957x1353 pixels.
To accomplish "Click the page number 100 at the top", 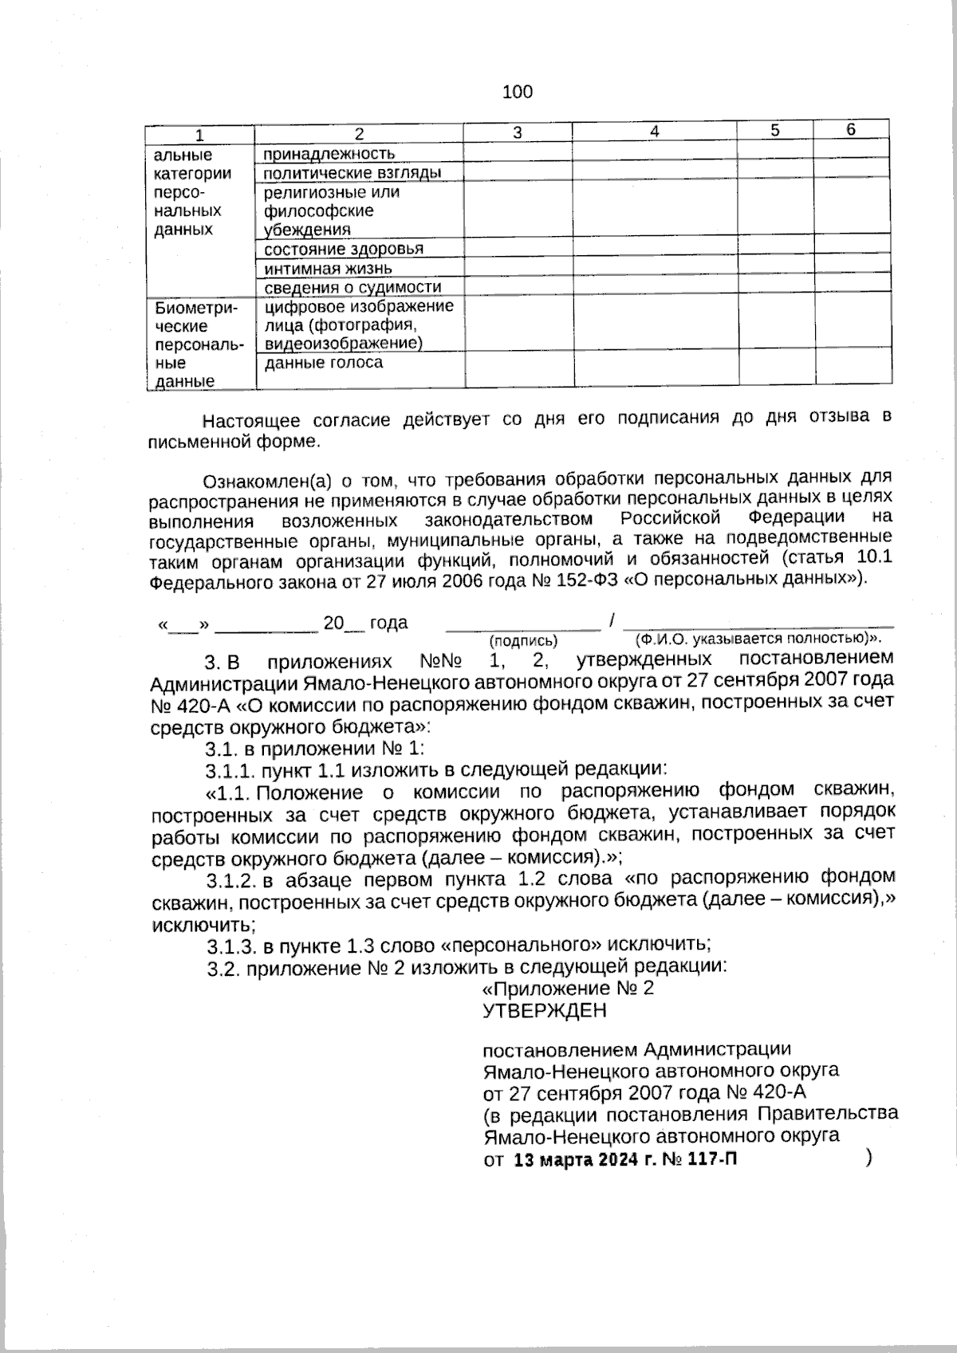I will pyautogui.click(x=518, y=92).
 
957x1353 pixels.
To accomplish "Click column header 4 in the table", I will pyautogui.click(x=654, y=132).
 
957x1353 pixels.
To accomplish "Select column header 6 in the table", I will pyautogui.click(x=851, y=130).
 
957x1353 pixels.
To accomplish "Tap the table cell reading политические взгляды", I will pyautogui.click(x=352, y=173).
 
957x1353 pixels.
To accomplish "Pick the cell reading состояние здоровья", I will pyautogui.click(x=344, y=249).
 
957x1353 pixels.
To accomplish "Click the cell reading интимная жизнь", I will pyautogui.click(x=329, y=269).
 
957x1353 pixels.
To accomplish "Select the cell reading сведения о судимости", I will pyautogui.click(x=352, y=287).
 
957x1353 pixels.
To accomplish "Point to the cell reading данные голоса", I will pyautogui.click(x=323, y=363).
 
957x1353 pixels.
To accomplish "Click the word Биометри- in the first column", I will pyautogui.click(x=196, y=308).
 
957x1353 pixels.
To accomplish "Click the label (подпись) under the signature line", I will pyautogui.click(x=523, y=640).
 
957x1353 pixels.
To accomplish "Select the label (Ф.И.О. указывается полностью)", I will pyautogui.click(x=757, y=639).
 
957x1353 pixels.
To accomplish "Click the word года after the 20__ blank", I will pyautogui.click(x=389, y=623).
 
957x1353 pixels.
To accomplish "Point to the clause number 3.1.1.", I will pyautogui.click(x=230, y=770).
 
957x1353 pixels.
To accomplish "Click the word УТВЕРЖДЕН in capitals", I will pyautogui.click(x=545, y=1011).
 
